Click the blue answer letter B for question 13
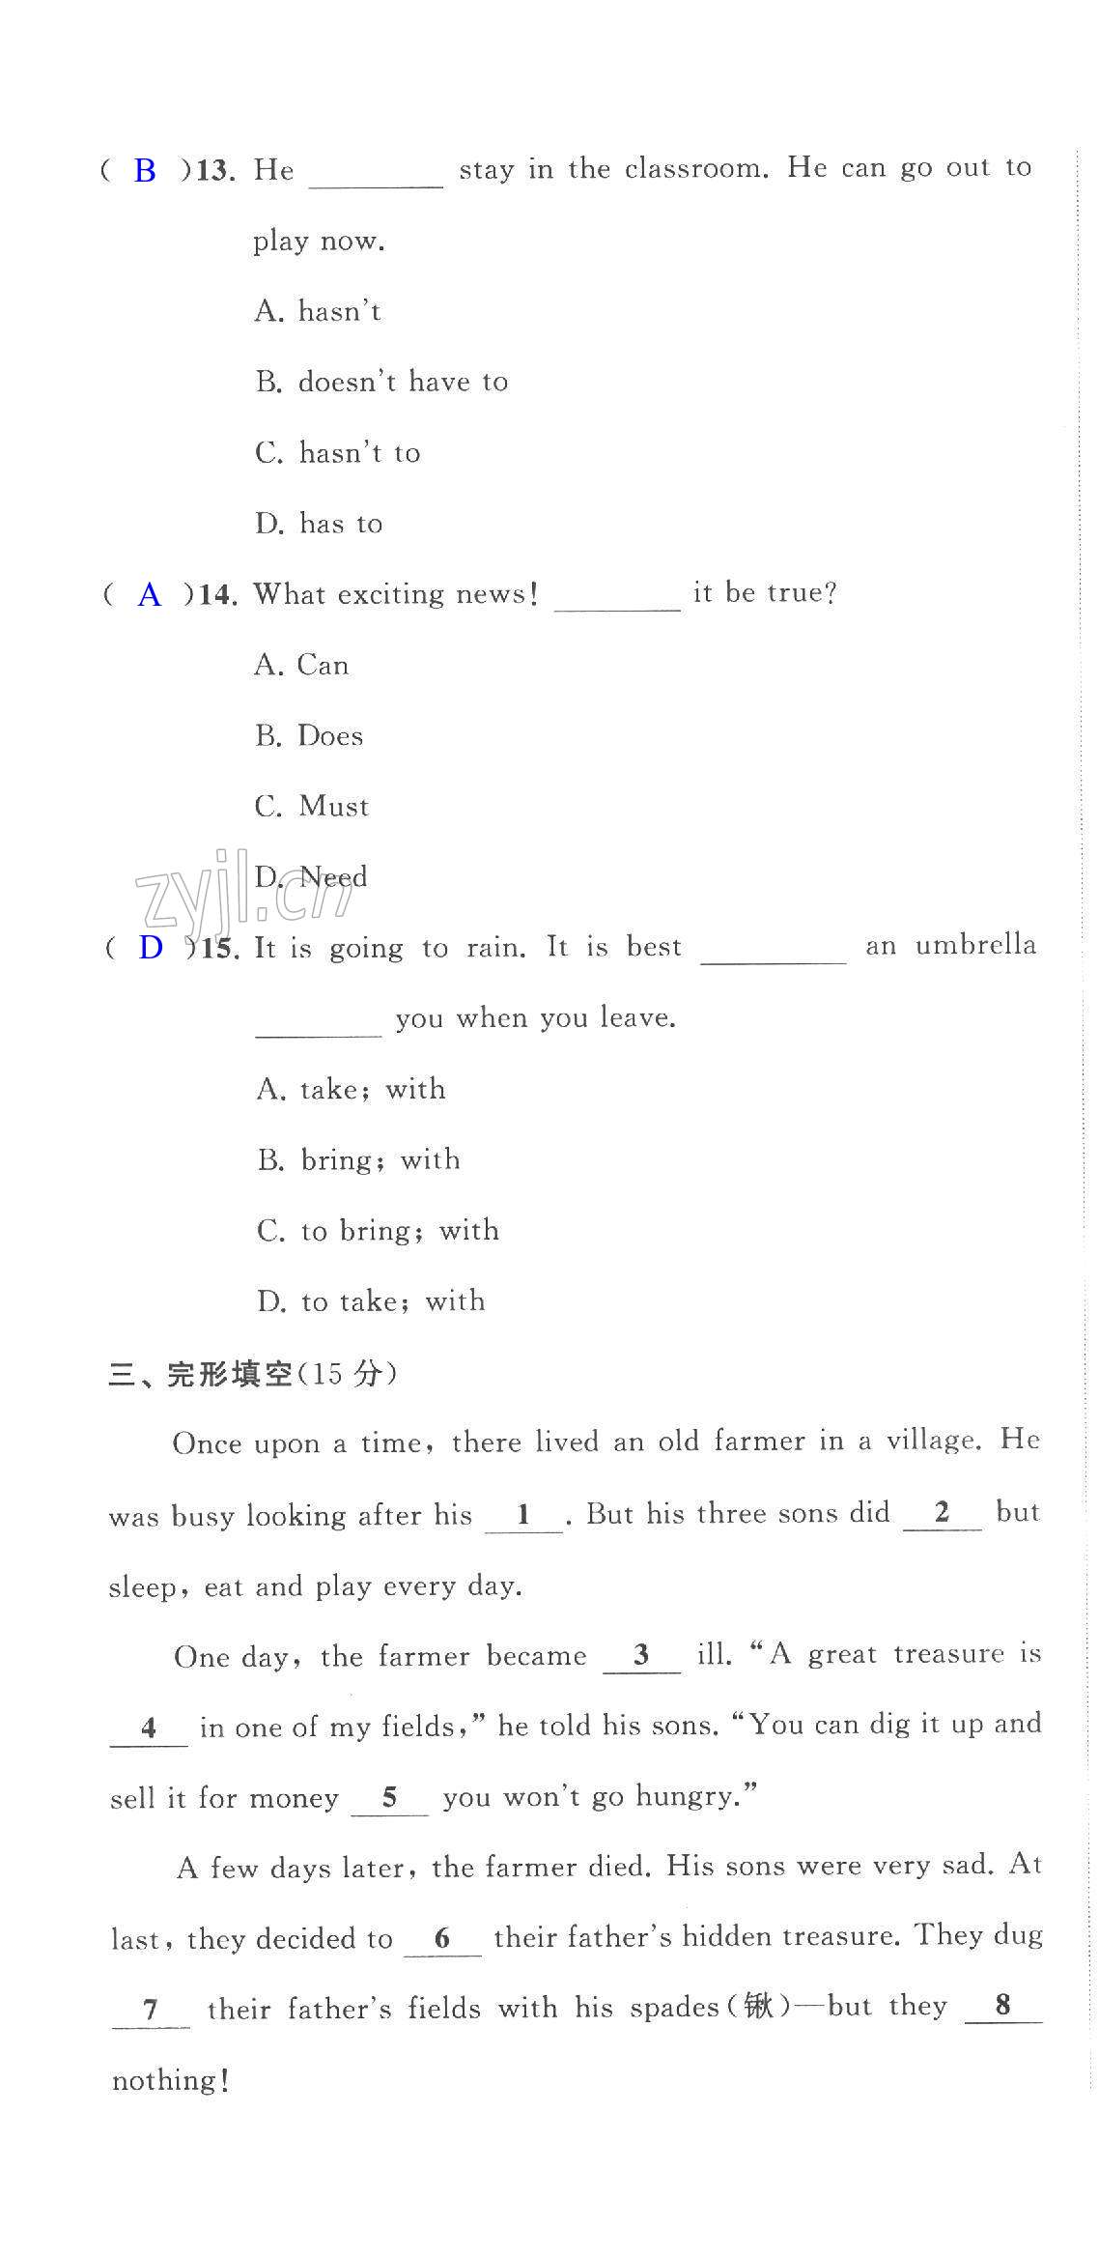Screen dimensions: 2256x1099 coord(145,171)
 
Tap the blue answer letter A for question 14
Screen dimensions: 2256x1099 coord(150,594)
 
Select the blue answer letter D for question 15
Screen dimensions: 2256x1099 coord(151,948)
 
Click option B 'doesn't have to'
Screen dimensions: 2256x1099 coord(382,382)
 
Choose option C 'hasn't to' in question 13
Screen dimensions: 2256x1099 coord(338,452)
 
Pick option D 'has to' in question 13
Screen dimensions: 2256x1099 coord(320,524)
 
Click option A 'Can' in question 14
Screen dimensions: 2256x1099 coord(302,665)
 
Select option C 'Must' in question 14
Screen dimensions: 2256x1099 coord(312,806)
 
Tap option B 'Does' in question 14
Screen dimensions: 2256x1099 coord(310,735)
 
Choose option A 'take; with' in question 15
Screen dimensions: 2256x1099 coord(352,1089)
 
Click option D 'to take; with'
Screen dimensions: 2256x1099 coord(372,1301)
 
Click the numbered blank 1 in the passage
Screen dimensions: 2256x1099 coord(523,1514)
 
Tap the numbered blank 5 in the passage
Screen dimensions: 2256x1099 coord(389,1797)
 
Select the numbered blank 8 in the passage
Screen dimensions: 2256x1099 coord(1002,2006)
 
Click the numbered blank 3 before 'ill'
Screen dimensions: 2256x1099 coord(641,1656)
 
